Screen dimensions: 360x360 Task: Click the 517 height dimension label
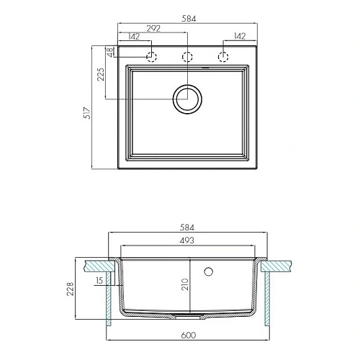coord(87,113)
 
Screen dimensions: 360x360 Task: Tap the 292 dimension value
coord(153,28)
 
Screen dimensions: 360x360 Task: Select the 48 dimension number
coord(109,52)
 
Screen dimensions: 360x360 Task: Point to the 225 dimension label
coord(101,74)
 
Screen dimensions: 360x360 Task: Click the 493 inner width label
coord(186,240)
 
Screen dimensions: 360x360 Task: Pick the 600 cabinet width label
coord(189,335)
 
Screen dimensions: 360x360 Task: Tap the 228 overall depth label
coord(71,289)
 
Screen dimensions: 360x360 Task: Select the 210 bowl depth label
coord(185,284)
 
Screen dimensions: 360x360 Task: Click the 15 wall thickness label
coord(99,280)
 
